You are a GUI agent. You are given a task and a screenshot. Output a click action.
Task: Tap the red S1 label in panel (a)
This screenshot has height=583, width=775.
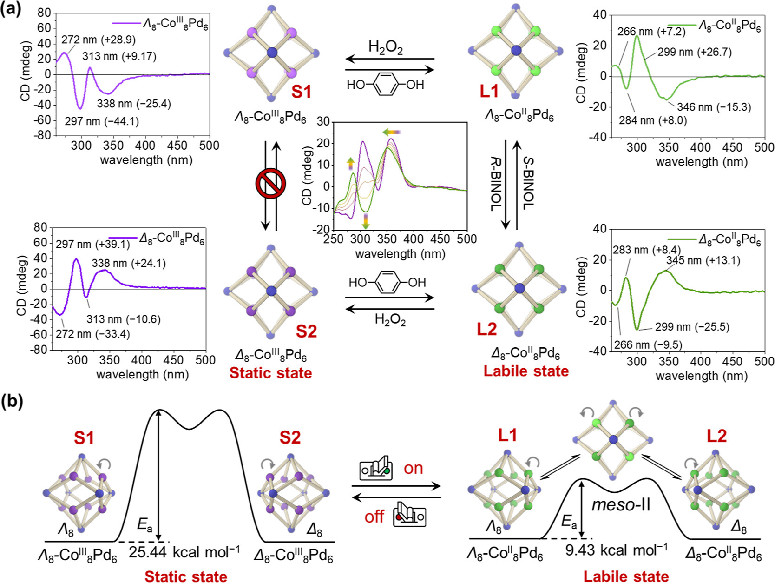(301, 92)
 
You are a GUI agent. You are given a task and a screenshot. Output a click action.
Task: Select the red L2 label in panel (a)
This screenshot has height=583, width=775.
(486, 329)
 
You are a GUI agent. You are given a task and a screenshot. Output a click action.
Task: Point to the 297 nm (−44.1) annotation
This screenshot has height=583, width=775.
(102, 121)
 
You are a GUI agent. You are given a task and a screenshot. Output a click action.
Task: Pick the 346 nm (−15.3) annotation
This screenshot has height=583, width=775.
(714, 107)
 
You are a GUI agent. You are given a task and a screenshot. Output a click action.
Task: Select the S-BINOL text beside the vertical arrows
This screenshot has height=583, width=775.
(529, 184)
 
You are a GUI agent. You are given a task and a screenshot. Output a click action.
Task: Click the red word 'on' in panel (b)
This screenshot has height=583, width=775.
(413, 468)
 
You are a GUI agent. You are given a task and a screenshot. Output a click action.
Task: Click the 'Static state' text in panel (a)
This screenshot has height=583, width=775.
(270, 373)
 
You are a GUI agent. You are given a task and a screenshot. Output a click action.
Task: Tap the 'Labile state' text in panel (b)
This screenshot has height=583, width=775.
(626, 576)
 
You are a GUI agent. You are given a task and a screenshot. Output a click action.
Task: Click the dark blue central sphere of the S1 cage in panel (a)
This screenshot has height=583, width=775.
(272, 52)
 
